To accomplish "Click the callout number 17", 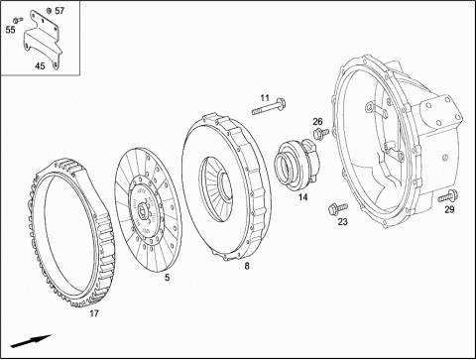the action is tap(94, 313).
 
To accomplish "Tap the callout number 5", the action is tap(168, 278).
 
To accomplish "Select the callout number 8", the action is tap(247, 266).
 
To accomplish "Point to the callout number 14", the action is tap(302, 197).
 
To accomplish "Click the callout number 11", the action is tap(265, 98).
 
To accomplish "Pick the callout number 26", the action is tap(317, 121).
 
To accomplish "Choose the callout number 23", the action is tap(343, 221).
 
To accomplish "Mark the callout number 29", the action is tap(449, 209).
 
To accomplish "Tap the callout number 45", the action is tap(40, 66).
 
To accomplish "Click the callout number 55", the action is tap(10, 30).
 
